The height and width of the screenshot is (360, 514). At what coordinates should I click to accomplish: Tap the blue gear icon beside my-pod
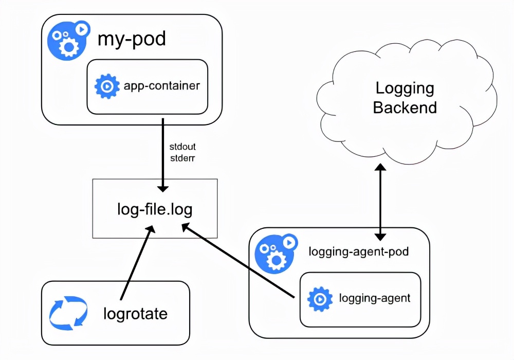tap(67, 41)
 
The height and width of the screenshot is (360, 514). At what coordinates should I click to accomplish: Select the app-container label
tap(162, 86)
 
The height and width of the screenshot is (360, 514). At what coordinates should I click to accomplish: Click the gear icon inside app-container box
tap(107, 86)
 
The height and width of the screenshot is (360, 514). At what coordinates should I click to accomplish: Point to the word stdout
tap(182, 147)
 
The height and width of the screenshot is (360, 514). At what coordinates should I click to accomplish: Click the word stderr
tap(182, 158)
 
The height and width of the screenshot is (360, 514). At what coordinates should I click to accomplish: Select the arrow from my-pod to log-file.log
tap(162, 155)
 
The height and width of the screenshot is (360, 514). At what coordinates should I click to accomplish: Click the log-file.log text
tap(155, 209)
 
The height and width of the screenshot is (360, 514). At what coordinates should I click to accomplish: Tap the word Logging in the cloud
tap(405, 89)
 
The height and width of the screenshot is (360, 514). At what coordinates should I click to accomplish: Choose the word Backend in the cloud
tap(405, 107)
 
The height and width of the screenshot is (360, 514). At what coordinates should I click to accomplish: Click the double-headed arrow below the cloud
tap(380, 202)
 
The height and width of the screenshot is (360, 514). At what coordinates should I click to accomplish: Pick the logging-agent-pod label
tap(359, 252)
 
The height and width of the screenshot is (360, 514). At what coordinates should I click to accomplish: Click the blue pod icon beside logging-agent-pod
tap(276, 254)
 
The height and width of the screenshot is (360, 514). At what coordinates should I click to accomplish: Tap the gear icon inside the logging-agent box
tap(320, 299)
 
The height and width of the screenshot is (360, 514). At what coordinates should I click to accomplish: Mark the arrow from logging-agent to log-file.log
tap(238, 261)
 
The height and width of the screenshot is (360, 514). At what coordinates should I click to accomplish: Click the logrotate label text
tap(135, 314)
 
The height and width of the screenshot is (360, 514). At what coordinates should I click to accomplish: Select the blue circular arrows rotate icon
tap(68, 313)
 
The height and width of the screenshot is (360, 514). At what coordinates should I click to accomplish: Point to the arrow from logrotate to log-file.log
tap(138, 262)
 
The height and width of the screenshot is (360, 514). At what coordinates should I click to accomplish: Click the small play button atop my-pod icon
tap(82, 29)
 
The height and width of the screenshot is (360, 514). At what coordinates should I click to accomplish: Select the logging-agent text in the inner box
tap(375, 298)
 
